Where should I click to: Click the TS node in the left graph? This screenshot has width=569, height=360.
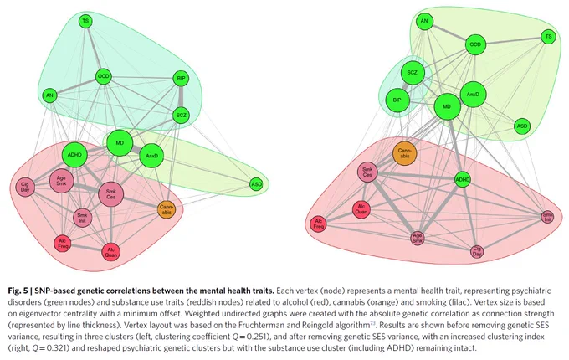pyautogui.click(x=85, y=21)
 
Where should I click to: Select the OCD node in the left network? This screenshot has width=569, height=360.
pyautogui.click(x=104, y=76)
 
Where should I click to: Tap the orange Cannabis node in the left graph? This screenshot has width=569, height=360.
pyautogui.click(x=167, y=210)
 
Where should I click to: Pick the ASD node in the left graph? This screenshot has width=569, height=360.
pyautogui.click(x=257, y=184)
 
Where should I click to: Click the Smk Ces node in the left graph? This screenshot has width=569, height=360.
pyautogui.click(x=111, y=194)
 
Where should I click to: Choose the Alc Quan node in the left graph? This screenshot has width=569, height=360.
pyautogui.click(x=111, y=252)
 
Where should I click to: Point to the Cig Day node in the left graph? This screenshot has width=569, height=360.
pyautogui.click(x=25, y=188)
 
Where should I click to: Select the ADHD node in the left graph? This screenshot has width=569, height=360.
pyautogui.click(x=74, y=155)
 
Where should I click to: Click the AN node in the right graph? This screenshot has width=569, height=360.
pyautogui.click(x=424, y=21)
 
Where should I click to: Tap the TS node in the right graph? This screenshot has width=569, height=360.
pyautogui.click(x=548, y=36)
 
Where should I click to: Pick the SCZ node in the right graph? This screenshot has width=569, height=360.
pyautogui.click(x=413, y=73)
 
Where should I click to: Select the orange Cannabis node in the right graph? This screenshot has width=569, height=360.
pyautogui.click(x=405, y=153)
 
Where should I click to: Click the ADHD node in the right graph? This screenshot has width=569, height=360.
pyautogui.click(x=463, y=180)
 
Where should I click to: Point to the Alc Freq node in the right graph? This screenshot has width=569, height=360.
pyautogui.click(x=318, y=224)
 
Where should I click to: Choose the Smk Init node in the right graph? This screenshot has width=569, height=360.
pyautogui.click(x=547, y=217)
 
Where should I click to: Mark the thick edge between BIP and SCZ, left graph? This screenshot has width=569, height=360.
pyautogui.click(x=181, y=97)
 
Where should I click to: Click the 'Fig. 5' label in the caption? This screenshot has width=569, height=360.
pyautogui.click(x=18, y=291)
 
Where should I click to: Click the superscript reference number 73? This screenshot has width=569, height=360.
pyautogui.click(x=372, y=323)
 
